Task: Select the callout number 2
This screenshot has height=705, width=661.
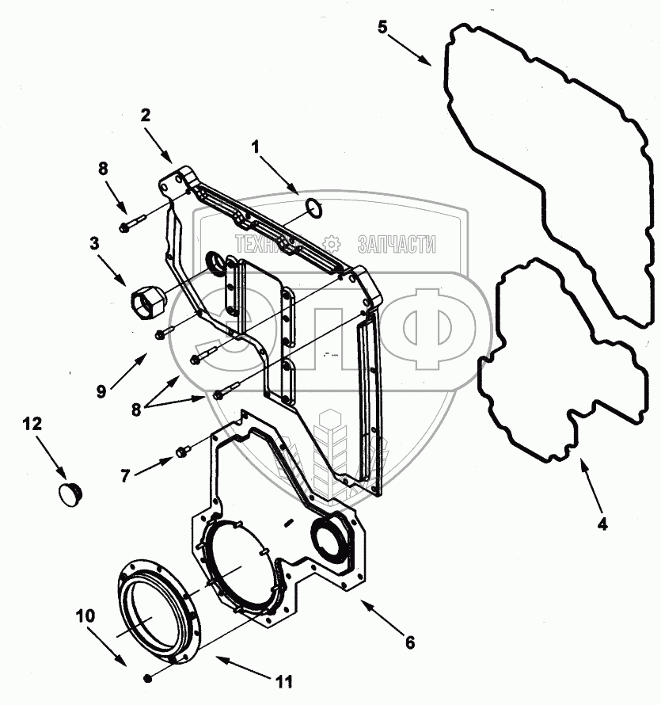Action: (x=145, y=114)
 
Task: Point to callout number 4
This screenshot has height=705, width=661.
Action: (x=602, y=523)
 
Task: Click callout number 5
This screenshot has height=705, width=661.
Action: (x=382, y=28)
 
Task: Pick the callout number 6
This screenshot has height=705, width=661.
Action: (x=409, y=643)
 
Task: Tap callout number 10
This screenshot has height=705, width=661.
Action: (x=83, y=615)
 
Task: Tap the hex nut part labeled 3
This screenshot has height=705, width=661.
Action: (x=148, y=302)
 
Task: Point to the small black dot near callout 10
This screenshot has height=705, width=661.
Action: (x=148, y=677)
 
